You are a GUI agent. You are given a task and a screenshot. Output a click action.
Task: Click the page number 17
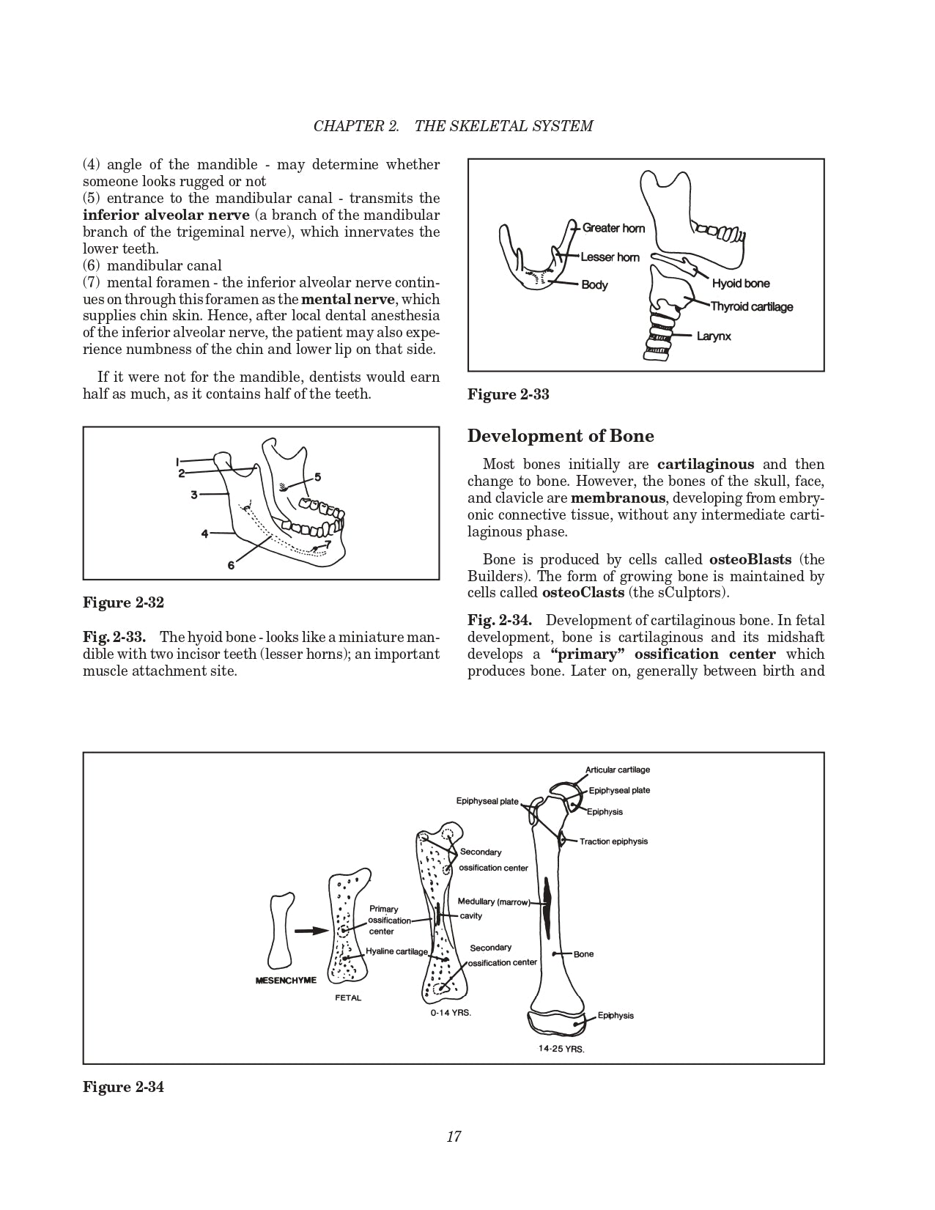(x=454, y=1137)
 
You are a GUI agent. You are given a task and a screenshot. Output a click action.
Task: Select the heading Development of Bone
(x=561, y=436)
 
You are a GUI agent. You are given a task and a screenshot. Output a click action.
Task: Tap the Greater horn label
(x=613, y=228)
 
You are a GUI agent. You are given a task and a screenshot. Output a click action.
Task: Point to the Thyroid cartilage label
(x=752, y=306)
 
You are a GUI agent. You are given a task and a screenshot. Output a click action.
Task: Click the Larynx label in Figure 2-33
(x=714, y=336)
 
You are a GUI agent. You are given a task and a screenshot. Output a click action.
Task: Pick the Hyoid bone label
(x=741, y=284)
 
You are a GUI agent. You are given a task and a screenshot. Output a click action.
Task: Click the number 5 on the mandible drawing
(x=317, y=477)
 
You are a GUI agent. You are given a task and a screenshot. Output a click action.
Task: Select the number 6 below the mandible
(x=231, y=565)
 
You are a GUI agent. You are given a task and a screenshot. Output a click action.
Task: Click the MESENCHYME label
(x=286, y=981)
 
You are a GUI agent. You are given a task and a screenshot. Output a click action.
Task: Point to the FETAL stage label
(x=348, y=997)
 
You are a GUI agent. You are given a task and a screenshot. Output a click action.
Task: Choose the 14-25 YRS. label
(x=561, y=1049)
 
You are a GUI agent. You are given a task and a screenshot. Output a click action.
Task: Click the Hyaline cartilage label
(x=396, y=951)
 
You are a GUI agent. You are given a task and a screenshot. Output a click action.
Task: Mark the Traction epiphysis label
(x=613, y=841)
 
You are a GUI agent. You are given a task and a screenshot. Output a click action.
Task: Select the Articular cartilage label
(x=617, y=770)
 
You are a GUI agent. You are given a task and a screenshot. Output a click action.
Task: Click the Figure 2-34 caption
(x=123, y=1087)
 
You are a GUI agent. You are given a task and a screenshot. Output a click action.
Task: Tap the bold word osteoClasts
(x=583, y=592)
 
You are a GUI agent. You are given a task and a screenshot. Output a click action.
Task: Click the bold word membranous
(x=618, y=498)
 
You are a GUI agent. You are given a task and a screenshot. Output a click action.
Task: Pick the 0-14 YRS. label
(x=451, y=1013)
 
